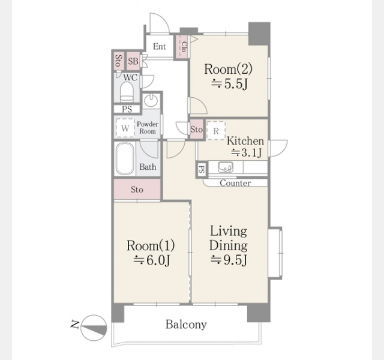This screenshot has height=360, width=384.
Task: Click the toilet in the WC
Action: pos(127,92)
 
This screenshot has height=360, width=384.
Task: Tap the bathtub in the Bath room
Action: pos(125,158)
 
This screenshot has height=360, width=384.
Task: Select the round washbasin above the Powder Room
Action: pos(151,100)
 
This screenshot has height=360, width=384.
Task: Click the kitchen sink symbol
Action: pos(226,167)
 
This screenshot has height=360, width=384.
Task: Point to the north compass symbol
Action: pos(94,328)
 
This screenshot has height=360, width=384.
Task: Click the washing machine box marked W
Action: pos(125,128)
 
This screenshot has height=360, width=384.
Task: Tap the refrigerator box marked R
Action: pos(216,131)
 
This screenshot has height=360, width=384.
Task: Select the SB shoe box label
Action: pos(133,61)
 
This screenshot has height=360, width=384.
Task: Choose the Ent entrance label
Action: pos(160,46)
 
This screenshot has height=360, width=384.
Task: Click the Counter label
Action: pos(235,183)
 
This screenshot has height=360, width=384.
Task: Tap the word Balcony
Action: pos(186,325)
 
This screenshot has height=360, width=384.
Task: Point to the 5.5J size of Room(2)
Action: pos(229,84)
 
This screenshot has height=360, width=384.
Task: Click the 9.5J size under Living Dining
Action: pos(229,260)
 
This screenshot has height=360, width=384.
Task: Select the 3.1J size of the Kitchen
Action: pos(247,152)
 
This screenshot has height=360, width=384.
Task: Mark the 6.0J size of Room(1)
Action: pos(152,260)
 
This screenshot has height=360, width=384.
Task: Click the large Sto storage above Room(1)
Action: pos(137,190)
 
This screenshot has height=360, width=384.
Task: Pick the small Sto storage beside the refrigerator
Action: pos(197,129)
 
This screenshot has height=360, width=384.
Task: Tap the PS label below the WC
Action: pos(127,109)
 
